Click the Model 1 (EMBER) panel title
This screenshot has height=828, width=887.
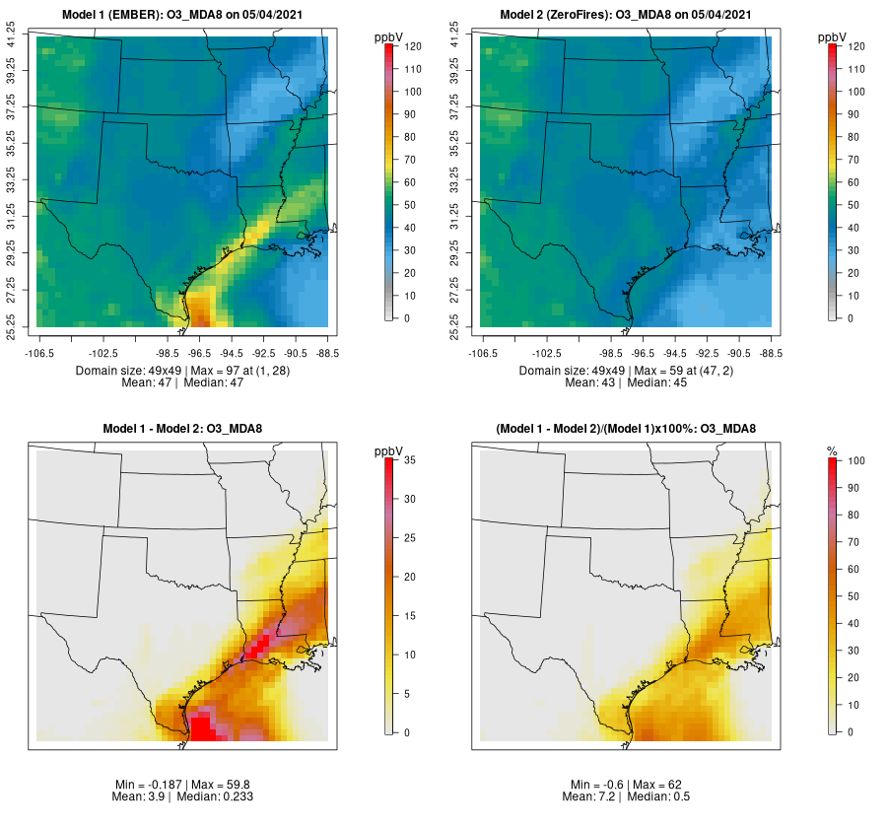pos(184,14)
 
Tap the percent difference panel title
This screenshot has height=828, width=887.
pos(626,429)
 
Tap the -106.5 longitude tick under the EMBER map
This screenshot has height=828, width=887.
pos(39,352)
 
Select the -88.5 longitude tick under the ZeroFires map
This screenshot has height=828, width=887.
pos(772,352)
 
